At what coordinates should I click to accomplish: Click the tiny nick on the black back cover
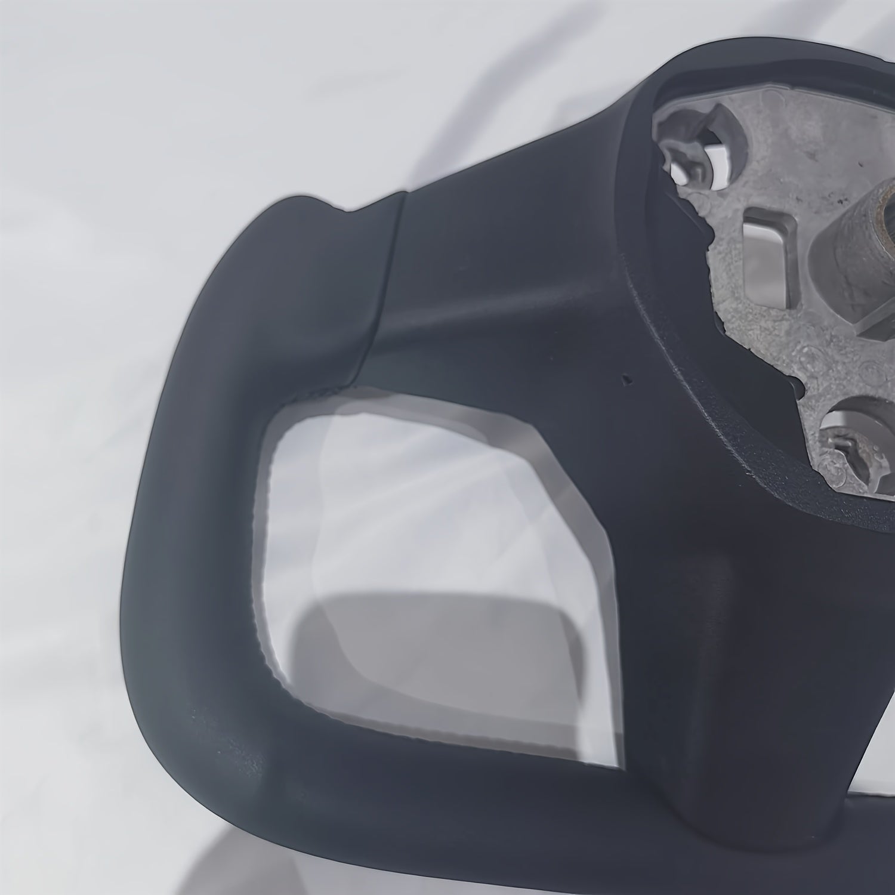(625, 378)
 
